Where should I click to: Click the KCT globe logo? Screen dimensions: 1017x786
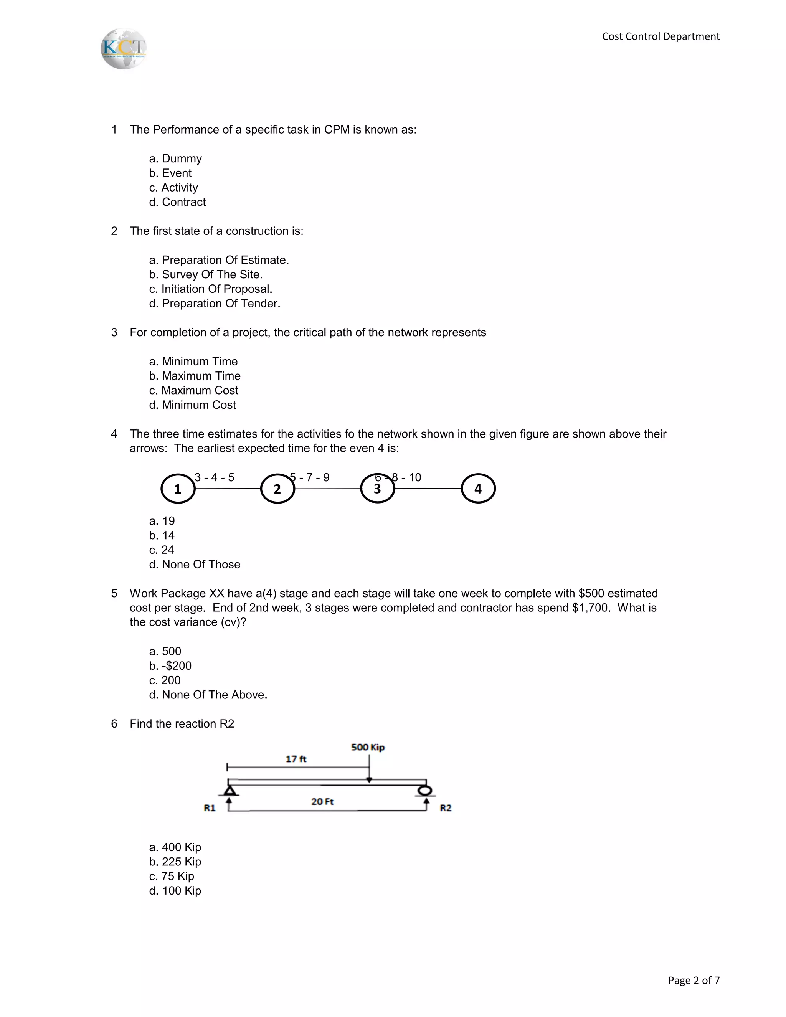pyautogui.click(x=124, y=49)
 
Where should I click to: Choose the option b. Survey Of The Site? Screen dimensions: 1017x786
pyautogui.click(x=206, y=275)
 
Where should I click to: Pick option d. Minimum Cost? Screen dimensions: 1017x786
pyautogui.click(x=192, y=405)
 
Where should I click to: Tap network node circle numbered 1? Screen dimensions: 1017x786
pyautogui.click(x=177, y=489)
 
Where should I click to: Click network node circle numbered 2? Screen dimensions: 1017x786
pyautogui.click(x=277, y=489)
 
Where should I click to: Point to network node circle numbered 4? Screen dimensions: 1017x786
pyautogui.click(x=478, y=489)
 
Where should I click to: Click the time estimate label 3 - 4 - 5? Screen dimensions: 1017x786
pyautogui.click(x=214, y=477)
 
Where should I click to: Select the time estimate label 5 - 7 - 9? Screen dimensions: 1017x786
pyautogui.click(x=310, y=477)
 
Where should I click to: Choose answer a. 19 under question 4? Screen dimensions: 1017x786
pyautogui.click(x=162, y=521)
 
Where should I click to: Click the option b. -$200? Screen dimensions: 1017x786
pyautogui.click(x=170, y=666)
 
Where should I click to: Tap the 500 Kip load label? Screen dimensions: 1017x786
pyautogui.click(x=367, y=747)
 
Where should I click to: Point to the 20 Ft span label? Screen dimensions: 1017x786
pyautogui.click(x=322, y=801)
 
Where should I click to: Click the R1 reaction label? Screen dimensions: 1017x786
pyautogui.click(x=210, y=808)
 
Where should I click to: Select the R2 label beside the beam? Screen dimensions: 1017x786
pyautogui.click(x=446, y=808)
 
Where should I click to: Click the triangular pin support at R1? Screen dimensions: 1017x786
pyautogui.click(x=229, y=791)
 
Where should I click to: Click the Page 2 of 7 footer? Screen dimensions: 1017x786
pyautogui.click(x=694, y=980)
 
